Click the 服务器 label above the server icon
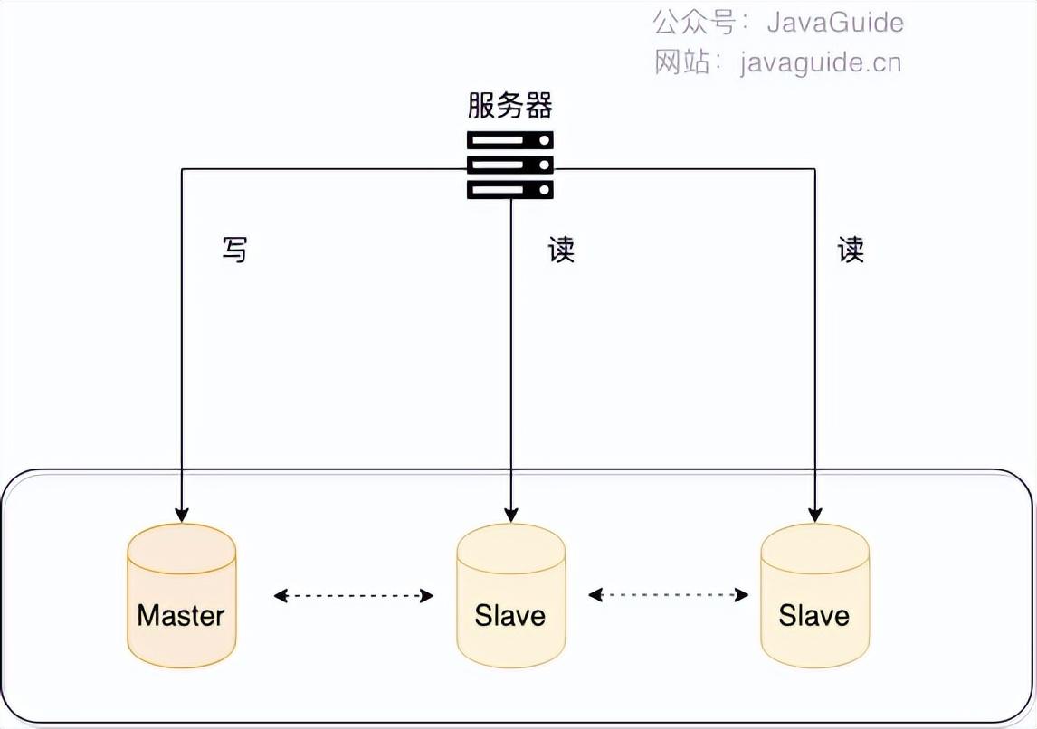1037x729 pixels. [509, 106]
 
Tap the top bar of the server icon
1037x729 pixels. [509, 142]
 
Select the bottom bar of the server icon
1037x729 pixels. [509, 189]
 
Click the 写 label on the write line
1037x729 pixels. [234, 250]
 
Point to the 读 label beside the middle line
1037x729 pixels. [561, 250]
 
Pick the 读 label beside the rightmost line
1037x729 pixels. [851, 250]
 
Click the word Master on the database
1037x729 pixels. [181, 616]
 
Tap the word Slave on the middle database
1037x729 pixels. [510, 616]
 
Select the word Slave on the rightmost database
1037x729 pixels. [814, 616]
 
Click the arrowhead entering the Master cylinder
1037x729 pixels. [182, 516]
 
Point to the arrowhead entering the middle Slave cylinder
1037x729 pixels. [511, 516]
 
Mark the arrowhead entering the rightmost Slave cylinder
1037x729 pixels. [814, 516]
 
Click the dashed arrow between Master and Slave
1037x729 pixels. [354, 595]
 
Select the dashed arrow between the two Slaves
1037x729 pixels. [668, 595]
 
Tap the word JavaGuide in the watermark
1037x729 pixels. [834, 22]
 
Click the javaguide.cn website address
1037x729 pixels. [820, 62]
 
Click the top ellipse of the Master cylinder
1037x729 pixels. [182, 545]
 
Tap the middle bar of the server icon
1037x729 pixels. [509, 166]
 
